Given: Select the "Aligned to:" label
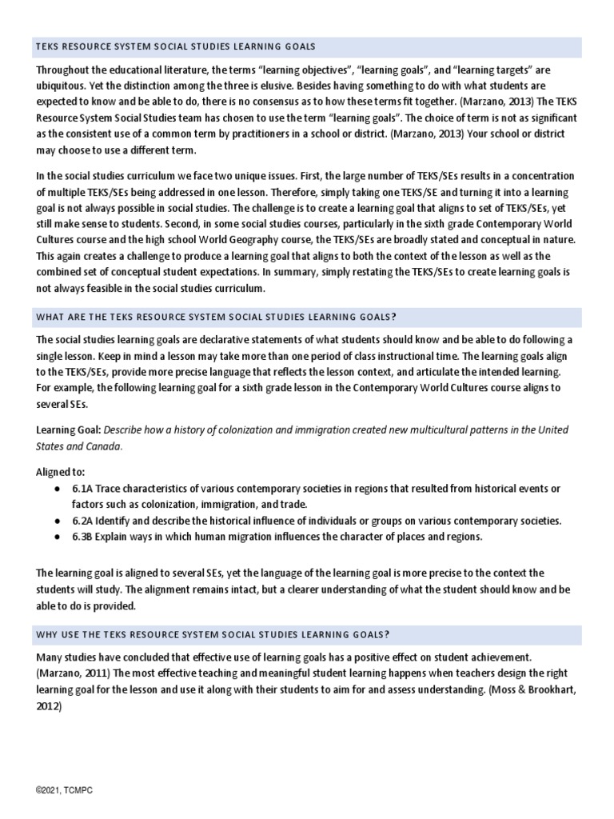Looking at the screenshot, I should point(61,473).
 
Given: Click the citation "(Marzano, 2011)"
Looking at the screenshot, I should point(74,672).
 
